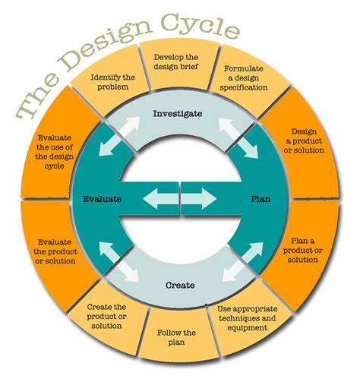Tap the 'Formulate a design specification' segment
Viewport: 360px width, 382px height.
(245, 77)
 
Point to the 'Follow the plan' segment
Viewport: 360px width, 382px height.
(176, 338)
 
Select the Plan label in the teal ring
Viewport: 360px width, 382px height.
(261, 200)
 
